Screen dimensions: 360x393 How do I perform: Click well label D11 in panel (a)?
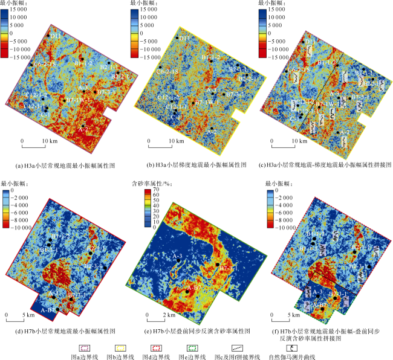click(56, 36)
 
